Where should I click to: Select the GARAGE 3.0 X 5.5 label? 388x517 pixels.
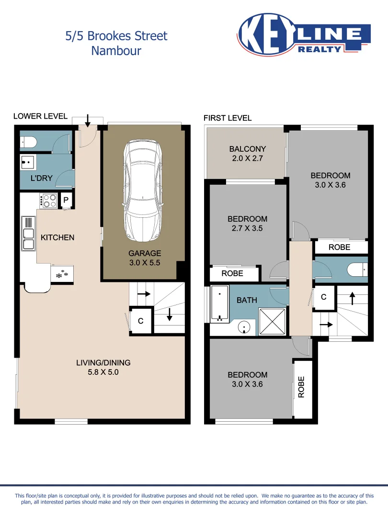145,258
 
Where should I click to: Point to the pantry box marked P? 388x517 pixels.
66,200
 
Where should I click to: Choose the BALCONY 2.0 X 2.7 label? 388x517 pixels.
247,153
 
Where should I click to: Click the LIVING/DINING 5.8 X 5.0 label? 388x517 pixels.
103,367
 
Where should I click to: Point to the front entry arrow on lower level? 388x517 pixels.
87,121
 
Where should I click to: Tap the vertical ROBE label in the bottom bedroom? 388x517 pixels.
302,387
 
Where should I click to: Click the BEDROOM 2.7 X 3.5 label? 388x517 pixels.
247,224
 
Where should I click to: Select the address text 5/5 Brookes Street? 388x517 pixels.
116,36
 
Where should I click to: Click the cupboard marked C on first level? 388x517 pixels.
323,297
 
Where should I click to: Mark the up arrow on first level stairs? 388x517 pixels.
353,298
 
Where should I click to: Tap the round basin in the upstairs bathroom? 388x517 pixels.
245,328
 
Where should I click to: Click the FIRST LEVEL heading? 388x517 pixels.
228,118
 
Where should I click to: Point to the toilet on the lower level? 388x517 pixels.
28,142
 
